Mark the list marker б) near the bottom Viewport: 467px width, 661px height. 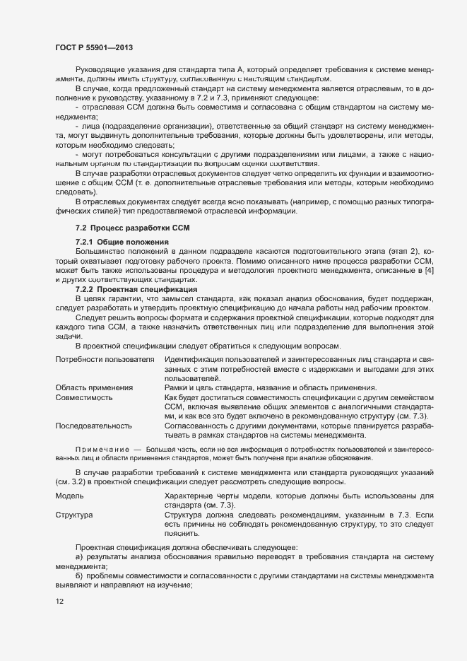79,576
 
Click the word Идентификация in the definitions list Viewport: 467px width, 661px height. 194,361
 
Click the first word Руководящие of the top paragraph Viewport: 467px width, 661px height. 103,69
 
